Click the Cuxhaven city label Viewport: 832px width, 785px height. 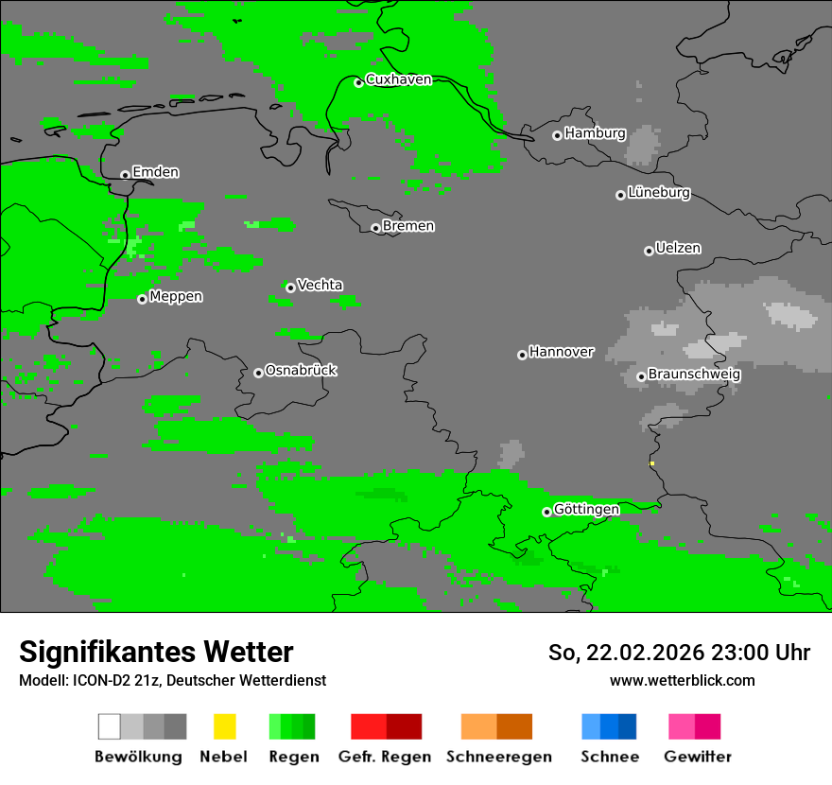click(x=398, y=79)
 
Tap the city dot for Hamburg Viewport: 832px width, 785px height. click(x=558, y=135)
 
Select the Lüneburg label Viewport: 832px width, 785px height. click(x=659, y=192)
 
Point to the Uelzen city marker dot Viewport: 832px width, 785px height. click(x=649, y=251)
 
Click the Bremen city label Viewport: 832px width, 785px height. click(x=408, y=226)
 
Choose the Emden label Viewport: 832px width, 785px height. click(x=155, y=172)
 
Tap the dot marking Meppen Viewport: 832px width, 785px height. click(x=142, y=299)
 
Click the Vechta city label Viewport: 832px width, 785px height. click(x=320, y=285)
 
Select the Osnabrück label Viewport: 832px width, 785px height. click(x=301, y=370)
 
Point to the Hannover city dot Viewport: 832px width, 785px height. click(x=522, y=355)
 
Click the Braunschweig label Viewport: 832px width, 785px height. click(x=694, y=374)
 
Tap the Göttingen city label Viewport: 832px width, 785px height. click(x=586, y=509)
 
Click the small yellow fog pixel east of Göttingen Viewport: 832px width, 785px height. click(x=651, y=463)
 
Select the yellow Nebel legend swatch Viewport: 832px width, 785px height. click(x=224, y=726)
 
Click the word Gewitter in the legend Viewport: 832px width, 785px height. click(x=698, y=757)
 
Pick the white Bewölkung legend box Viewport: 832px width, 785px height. click(x=110, y=726)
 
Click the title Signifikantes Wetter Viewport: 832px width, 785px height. click(x=156, y=652)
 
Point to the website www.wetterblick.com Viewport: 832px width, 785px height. click(x=682, y=680)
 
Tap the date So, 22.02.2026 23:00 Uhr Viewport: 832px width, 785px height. click(x=679, y=653)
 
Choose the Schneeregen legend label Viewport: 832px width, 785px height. click(x=498, y=757)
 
